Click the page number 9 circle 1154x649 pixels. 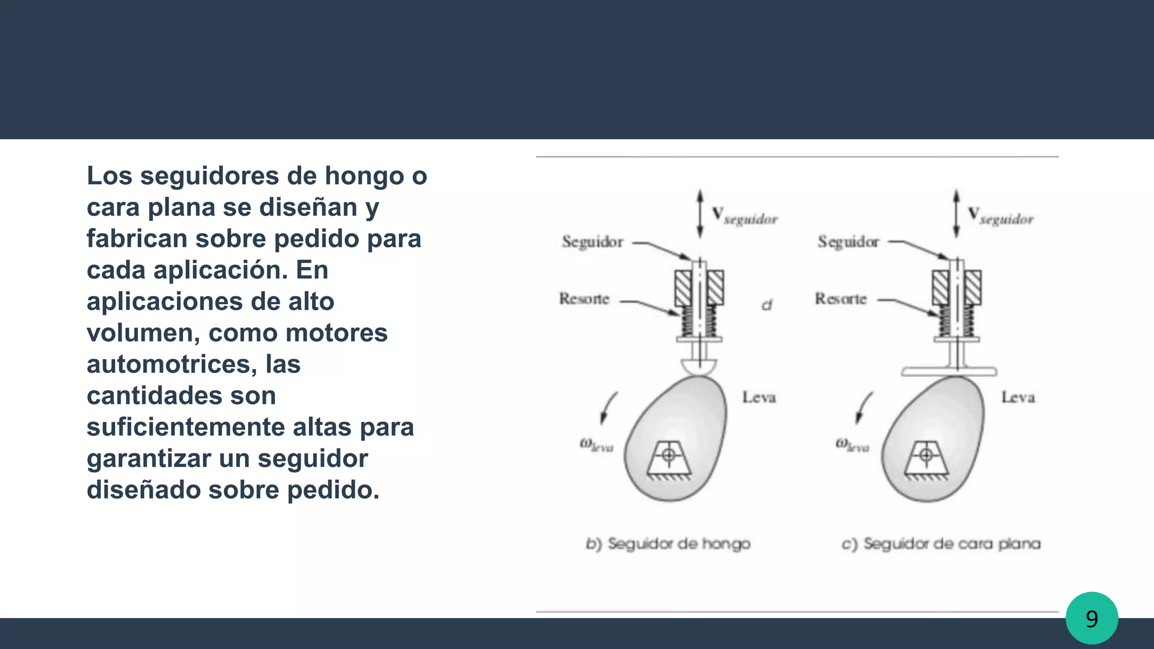(x=1091, y=619)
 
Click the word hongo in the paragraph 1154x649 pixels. (x=364, y=176)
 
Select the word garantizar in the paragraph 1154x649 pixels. (x=148, y=459)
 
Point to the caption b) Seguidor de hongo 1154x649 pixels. (x=668, y=544)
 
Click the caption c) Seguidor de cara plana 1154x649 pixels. (x=941, y=544)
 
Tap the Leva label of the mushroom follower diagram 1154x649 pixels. (x=759, y=397)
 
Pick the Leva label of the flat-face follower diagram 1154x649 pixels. (x=1018, y=397)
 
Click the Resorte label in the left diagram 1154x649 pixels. (x=584, y=299)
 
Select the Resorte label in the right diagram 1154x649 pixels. (x=841, y=299)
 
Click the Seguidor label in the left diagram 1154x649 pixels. (x=593, y=242)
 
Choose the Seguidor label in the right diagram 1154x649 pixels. (x=849, y=242)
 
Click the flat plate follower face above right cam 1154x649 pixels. (x=949, y=372)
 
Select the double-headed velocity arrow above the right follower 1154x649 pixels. (x=956, y=214)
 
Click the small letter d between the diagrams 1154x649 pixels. (x=767, y=305)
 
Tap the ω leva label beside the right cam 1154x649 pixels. (x=852, y=446)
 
